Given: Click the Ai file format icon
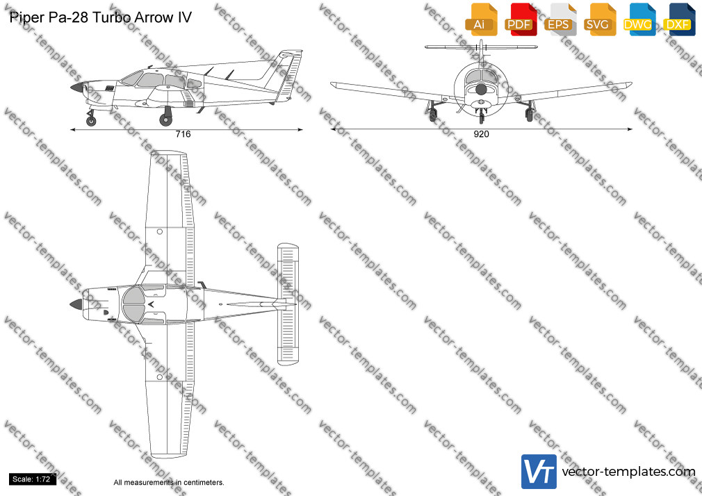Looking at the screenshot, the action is pos(481,19).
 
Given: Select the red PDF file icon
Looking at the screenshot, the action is pos(521,19).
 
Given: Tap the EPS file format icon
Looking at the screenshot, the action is pos(560,19).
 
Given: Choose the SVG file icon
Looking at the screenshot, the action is pos(599,19).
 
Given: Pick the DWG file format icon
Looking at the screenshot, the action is pos(639,19).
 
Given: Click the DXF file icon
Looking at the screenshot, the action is pos(679,19).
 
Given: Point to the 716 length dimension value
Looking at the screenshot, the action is pos(183,134).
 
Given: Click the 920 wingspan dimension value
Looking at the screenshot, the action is pos(481,134).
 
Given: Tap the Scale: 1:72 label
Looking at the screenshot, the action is pos(32,479).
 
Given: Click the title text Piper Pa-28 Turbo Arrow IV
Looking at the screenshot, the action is pos(100,17).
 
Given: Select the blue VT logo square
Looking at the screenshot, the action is pos(539,472).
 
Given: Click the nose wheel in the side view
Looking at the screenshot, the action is pos(91,120).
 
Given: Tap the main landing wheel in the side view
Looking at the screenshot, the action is pos(165,119).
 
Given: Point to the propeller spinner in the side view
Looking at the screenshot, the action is pos(77,88).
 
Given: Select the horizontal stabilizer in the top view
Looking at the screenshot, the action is pos(288,304).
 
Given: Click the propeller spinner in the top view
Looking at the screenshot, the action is pos(76,304).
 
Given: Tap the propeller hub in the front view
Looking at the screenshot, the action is pos(481,89).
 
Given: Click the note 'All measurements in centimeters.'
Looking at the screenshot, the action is pos(169,483).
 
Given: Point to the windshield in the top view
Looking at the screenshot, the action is pos(133,305).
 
